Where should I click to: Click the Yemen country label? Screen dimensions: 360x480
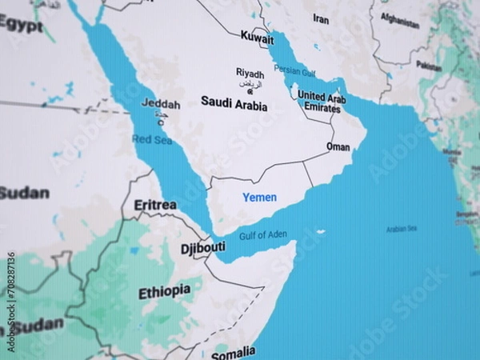(259, 197)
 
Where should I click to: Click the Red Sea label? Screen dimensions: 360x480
(152, 140)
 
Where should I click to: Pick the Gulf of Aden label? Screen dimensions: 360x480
(262, 234)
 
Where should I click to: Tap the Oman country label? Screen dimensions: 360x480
(338, 147)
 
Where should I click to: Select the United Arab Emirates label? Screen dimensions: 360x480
(322, 102)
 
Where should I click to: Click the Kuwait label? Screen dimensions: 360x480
(257, 38)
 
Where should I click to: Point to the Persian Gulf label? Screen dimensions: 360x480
(294, 70)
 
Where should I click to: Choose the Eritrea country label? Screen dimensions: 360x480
(155, 205)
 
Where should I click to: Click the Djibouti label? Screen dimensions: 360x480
(202, 247)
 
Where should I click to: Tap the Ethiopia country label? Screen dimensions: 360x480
(165, 292)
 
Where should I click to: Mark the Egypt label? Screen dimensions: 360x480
(21, 25)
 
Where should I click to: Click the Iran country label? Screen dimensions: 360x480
(321, 18)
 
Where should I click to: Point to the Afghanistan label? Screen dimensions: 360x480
(400, 21)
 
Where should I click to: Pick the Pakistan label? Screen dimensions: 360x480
(429, 66)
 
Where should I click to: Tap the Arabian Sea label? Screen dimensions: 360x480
(402, 229)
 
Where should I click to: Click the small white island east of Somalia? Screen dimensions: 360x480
(321, 232)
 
